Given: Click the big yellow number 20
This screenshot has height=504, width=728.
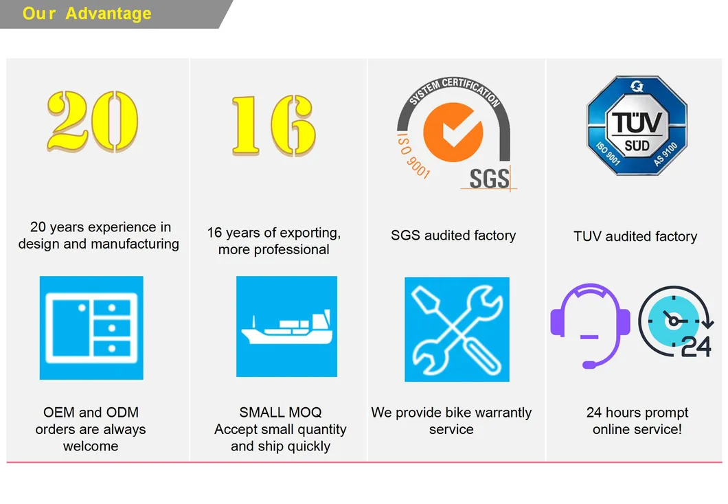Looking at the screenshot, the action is pos(93,121).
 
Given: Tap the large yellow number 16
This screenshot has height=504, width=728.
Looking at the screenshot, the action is pos(274,125).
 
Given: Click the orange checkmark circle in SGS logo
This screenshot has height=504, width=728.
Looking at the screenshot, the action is pos(453,133).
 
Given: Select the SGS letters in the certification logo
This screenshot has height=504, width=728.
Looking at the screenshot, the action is pos(490,179).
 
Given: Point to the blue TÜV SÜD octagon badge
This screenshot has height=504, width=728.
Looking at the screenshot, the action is pos(637,125).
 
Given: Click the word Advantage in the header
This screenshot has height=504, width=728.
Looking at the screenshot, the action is pos(109,14).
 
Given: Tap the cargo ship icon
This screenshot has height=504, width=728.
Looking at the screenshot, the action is pos(286,326).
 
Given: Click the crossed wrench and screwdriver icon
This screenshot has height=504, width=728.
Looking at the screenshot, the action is pos(457,329).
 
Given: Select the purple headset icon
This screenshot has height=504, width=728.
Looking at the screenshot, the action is pos(590,325).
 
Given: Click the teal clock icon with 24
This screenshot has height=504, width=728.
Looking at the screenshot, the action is pos(675,321).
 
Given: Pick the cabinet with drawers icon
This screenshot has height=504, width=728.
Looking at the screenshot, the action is pos(91,328).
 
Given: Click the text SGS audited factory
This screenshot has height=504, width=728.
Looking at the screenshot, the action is pos(453,236).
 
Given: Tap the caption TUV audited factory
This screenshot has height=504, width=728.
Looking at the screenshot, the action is pos(635,236).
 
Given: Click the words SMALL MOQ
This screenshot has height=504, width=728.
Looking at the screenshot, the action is pos(280,412).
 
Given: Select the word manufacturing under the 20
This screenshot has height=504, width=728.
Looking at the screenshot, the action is pos(135,244).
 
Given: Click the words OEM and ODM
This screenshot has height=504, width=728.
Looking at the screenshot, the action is pos(91,412).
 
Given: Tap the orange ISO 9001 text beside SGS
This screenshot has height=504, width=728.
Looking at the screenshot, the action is pos(412,155).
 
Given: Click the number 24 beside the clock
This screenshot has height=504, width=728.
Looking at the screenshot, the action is pos(696,347).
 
